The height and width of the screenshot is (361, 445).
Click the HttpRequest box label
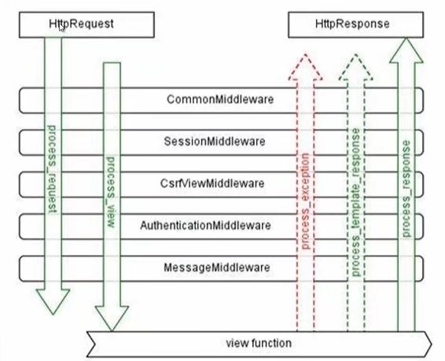[81, 24]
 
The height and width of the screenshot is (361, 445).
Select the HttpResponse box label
[352, 24]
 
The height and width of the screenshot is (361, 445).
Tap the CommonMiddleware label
[220, 99]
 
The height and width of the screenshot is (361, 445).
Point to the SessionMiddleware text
[215, 142]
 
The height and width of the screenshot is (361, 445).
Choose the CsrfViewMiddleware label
[212, 183]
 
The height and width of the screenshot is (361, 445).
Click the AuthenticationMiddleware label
[205, 226]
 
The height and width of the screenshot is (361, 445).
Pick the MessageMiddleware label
[217, 267]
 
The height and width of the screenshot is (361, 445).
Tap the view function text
[259, 343]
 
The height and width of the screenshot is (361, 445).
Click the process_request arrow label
[53, 169]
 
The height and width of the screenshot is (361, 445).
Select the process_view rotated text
[112, 192]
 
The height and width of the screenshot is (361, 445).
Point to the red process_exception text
[305, 201]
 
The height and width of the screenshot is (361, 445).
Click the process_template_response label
[355, 202]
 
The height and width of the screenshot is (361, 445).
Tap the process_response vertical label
[406, 189]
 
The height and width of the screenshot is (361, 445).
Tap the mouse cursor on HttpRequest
[62, 28]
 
